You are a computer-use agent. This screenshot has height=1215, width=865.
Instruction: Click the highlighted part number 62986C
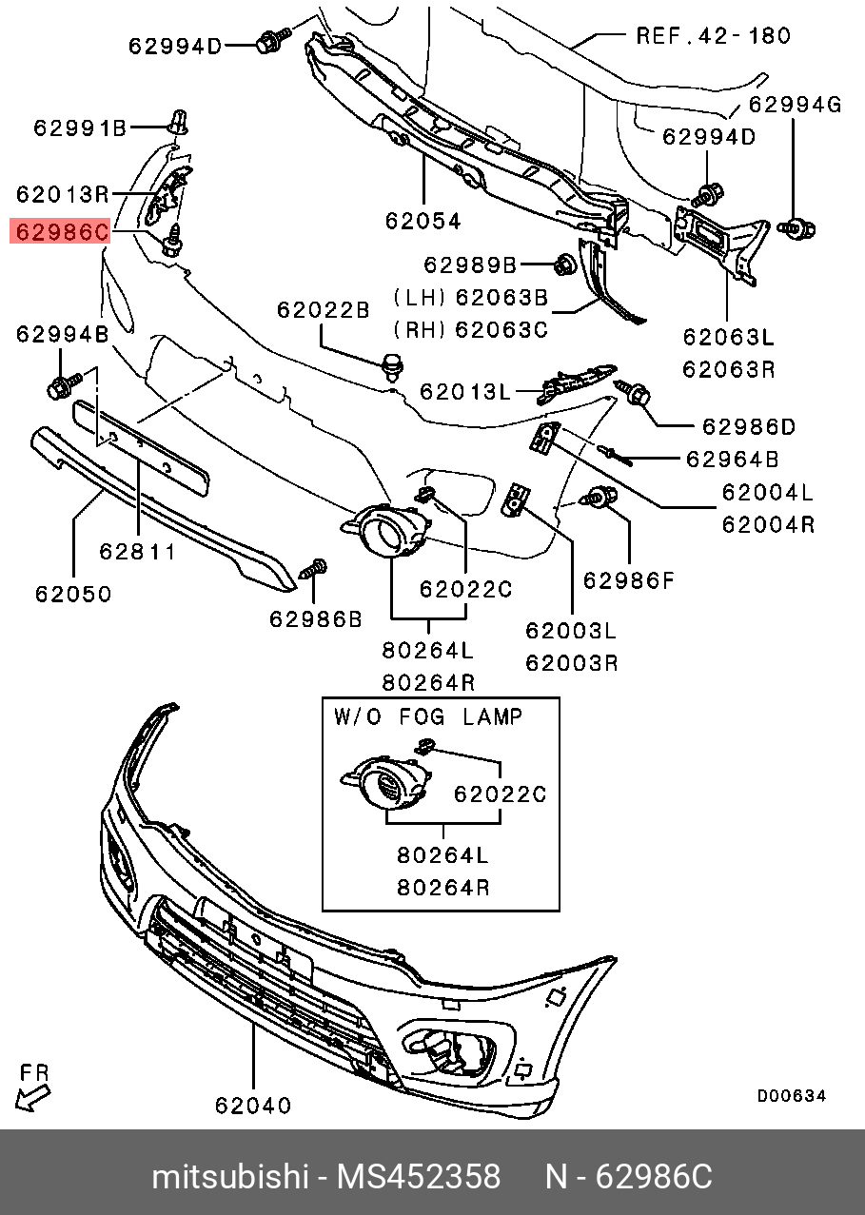tap(60, 231)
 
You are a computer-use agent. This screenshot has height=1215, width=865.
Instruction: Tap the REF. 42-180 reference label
tap(713, 36)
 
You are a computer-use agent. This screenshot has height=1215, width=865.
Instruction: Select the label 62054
tap(423, 221)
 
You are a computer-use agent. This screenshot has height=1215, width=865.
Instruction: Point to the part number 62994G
tap(795, 104)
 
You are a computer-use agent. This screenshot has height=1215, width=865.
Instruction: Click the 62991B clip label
tap(80, 128)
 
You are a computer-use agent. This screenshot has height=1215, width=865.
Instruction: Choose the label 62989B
tap(470, 265)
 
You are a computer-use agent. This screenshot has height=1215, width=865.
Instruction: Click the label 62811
tap(137, 552)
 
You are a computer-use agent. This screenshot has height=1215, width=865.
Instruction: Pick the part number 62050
tap(73, 594)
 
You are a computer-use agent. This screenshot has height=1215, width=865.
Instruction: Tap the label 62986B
tap(315, 618)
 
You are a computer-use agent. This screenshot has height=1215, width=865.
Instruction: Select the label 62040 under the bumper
tap(253, 1105)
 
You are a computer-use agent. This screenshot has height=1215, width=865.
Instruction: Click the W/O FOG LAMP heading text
tap(428, 717)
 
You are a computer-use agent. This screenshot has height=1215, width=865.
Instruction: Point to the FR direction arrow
tap(31, 1098)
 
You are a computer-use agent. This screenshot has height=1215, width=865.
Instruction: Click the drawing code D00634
tap(792, 1096)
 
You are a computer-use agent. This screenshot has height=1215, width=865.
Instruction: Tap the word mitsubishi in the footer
tap(230, 1177)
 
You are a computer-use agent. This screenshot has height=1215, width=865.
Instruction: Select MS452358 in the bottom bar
tap(419, 1177)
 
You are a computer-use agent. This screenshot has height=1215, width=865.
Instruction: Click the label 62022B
tap(323, 310)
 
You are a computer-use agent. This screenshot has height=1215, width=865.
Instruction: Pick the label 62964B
tap(733, 460)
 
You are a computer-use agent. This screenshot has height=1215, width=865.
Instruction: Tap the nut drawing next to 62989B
tap(564, 265)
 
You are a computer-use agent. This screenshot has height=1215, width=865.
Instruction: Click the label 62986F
tap(628, 580)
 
